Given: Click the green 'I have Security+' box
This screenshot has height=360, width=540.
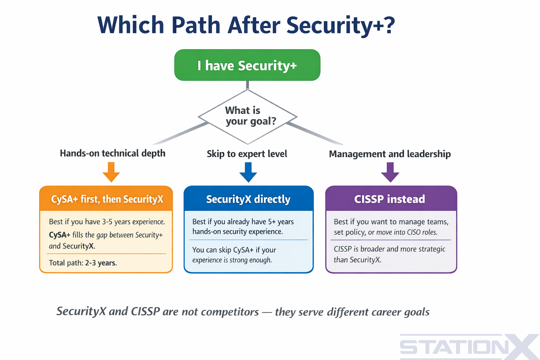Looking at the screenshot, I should [x=247, y=65].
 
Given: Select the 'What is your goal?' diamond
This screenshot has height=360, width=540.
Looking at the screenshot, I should [x=247, y=116].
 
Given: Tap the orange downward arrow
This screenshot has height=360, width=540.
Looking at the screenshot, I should [x=111, y=172].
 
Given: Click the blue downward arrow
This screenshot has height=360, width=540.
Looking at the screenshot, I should [x=248, y=172].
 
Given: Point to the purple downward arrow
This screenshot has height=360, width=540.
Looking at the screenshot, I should [x=390, y=172].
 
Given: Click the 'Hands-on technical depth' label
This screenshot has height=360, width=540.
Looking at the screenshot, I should [x=112, y=153].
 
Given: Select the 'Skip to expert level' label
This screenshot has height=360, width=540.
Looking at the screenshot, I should [x=247, y=154].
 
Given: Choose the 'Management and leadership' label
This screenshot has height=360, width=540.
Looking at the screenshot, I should [x=390, y=154].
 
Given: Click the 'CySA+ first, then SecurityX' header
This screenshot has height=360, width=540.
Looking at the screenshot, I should [x=107, y=199].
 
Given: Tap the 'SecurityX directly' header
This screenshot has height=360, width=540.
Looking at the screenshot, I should [x=248, y=199].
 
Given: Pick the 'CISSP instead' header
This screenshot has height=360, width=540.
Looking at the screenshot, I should [x=390, y=199].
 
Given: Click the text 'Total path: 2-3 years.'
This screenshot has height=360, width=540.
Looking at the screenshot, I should [x=83, y=263].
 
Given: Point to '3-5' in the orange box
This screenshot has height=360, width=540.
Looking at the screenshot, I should [x=107, y=222].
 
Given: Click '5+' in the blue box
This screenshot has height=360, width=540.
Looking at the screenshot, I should [x=272, y=222].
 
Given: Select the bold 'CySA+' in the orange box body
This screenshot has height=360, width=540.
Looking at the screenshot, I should [x=59, y=235].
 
